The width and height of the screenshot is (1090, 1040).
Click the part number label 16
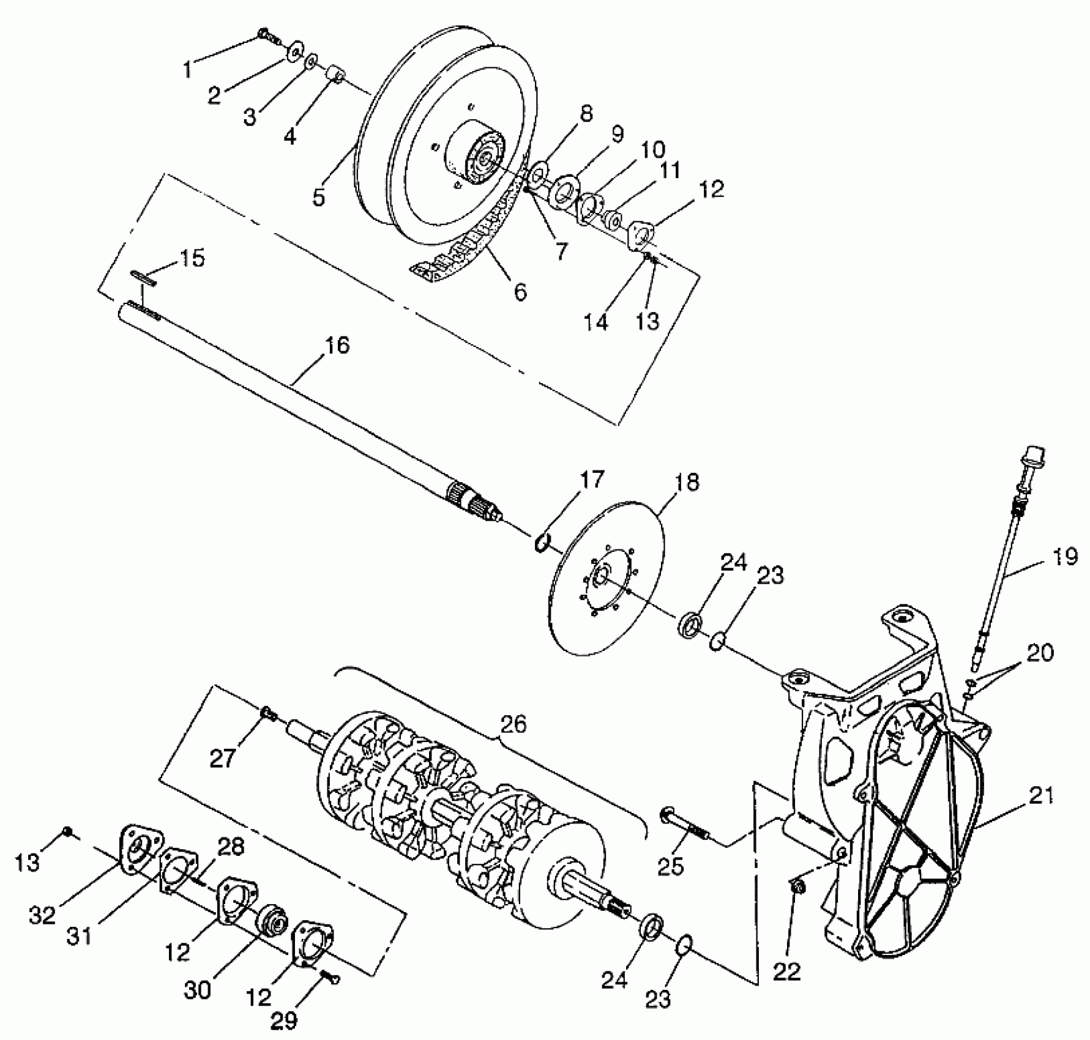(x=337, y=346)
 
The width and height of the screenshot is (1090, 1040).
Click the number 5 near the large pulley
(x=318, y=197)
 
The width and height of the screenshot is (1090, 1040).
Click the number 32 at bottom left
(x=42, y=915)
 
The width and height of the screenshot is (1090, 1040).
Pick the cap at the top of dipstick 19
(x=1034, y=458)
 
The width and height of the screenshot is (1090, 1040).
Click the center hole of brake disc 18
(x=600, y=574)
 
